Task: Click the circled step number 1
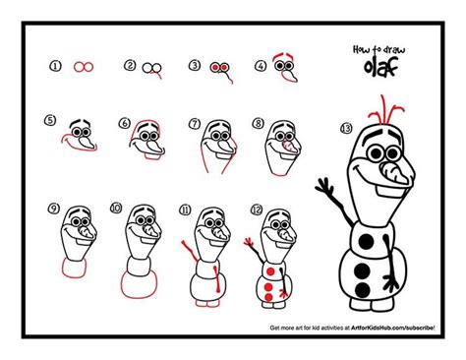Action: coord(56,66)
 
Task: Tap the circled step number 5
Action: coord(50,121)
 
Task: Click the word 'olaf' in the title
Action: coord(375,67)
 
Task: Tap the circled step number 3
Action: coord(195,66)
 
